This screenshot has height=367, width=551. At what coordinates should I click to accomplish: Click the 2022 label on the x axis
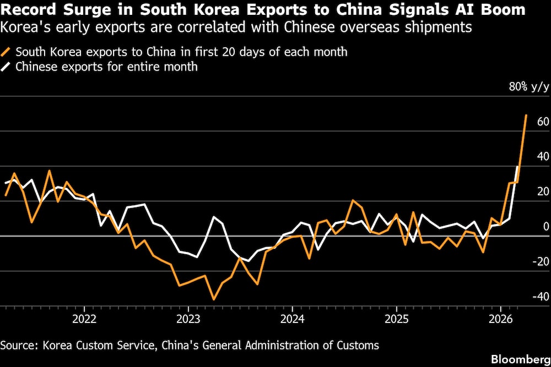[84, 319]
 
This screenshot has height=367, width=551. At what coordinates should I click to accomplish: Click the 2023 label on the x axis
[188, 319]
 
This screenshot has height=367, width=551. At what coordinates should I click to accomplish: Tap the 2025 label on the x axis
[396, 319]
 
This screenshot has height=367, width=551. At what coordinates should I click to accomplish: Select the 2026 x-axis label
[500, 319]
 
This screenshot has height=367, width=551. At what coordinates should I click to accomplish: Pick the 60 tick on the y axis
[543, 121]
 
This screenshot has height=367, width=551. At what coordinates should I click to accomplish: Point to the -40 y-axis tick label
[541, 297]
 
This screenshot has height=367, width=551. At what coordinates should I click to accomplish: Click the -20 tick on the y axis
[541, 261]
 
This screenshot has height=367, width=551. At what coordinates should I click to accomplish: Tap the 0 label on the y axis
[546, 226]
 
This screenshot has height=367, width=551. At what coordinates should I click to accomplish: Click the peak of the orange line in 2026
[526, 116]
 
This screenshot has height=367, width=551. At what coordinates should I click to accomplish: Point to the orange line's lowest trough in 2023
[213, 299]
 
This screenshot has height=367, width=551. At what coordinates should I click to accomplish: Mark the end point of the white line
[517, 167]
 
